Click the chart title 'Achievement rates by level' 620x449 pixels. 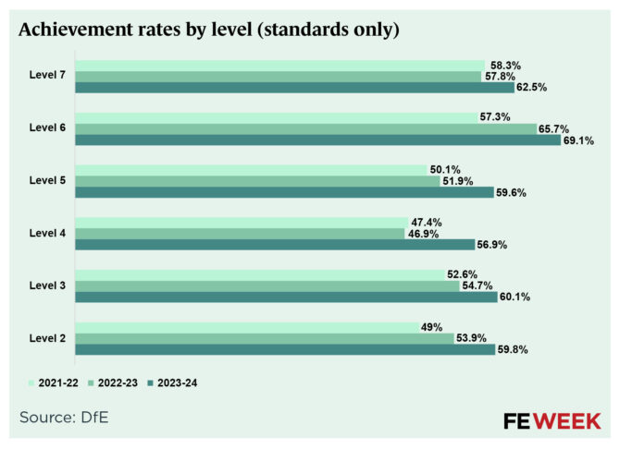coord(209,30)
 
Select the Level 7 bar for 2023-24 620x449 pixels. coord(294,88)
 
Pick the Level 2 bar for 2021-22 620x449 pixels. coord(246,327)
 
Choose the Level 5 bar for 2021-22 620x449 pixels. coord(250,170)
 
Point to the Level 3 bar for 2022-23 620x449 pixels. coord(267,286)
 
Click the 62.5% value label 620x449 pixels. coord(533,89)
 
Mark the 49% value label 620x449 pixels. coord(431,327)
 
